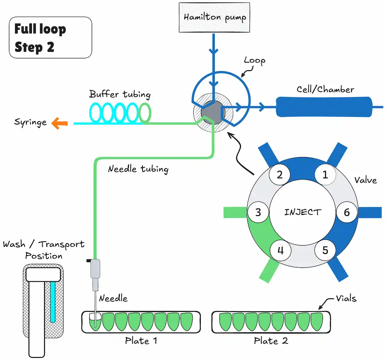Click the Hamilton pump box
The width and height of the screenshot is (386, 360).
coord(214,17)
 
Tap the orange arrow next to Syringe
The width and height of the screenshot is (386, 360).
coord(60,123)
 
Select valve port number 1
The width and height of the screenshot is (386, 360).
coord(325,175)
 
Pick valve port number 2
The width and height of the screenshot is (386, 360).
coord(279,175)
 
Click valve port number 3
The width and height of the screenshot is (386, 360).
coord(258,212)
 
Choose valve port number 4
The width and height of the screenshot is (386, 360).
coord(281,250)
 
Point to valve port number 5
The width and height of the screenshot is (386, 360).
coord(325,250)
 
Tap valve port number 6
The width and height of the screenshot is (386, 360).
coord(347,212)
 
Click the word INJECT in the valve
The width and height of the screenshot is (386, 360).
coord(302,212)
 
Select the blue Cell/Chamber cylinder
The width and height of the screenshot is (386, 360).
coord(324,107)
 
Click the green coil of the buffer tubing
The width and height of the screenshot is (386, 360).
coord(145,113)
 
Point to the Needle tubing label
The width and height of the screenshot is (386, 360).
coord(138,169)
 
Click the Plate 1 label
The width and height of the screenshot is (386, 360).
coord(141,341)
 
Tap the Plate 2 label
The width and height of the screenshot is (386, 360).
coord(271,341)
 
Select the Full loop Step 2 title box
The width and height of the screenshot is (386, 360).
coord(50,38)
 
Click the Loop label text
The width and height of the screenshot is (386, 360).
coord(255,61)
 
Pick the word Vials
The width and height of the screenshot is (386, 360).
coord(346,298)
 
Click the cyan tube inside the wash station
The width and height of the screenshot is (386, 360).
coord(53,302)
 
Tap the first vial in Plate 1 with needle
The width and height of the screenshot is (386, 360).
coord(95,322)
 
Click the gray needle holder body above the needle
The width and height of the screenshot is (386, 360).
coord(95,269)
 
